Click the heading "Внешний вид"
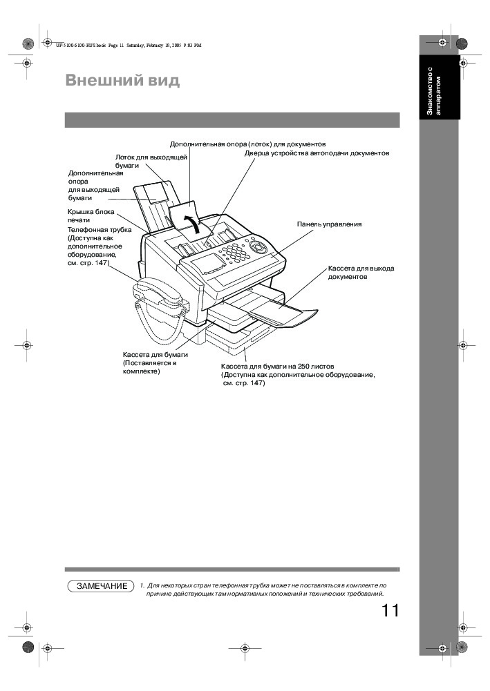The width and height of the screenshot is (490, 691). click(x=122, y=81)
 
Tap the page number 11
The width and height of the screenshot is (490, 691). click(x=390, y=611)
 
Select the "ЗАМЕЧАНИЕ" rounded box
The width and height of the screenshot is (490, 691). click(x=101, y=586)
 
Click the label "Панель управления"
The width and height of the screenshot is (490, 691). click(x=329, y=224)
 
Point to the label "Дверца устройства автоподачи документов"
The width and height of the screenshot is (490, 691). click(x=317, y=153)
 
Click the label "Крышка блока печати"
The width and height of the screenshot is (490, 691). click(x=91, y=216)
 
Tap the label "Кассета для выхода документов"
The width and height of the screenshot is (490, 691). click(x=361, y=272)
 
